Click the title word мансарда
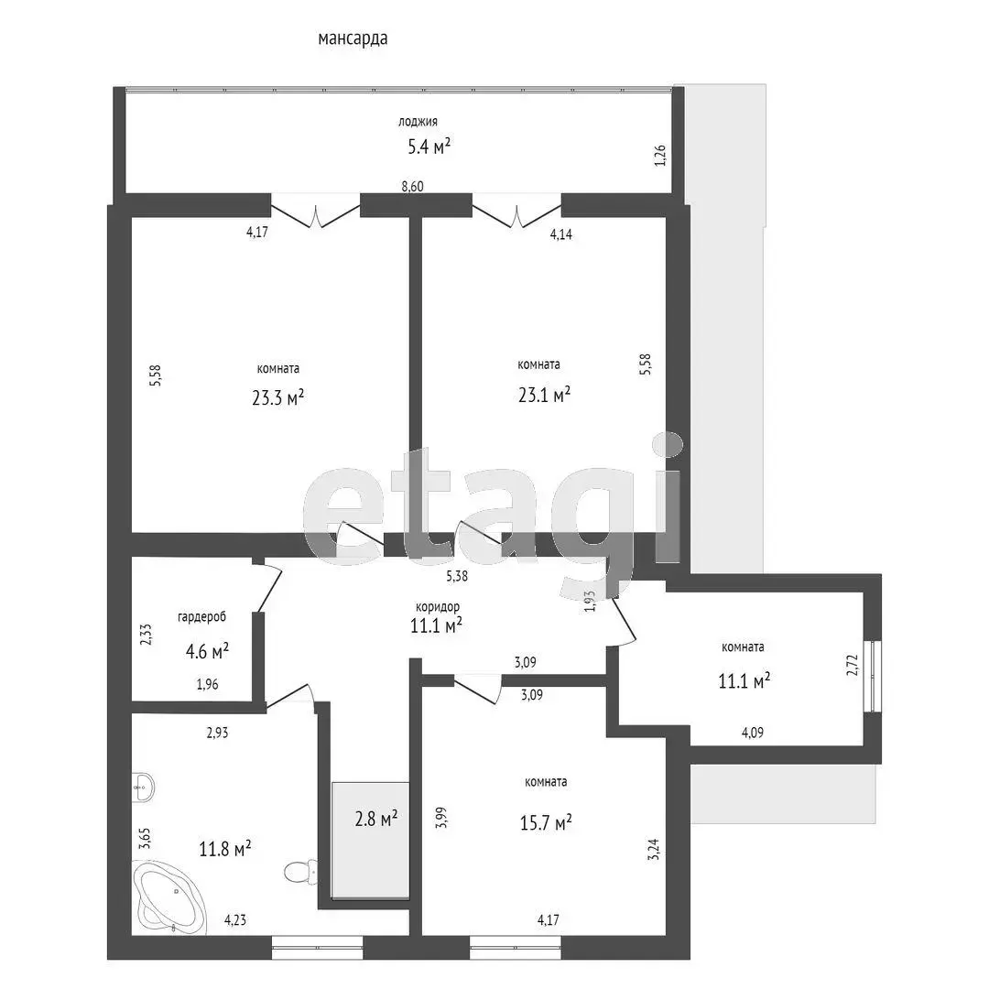pos(353,38)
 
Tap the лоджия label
pos(418,122)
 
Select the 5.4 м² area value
pos(429,147)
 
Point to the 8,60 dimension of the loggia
pos(412,187)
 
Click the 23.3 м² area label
pos(278,398)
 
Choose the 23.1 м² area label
pos(544,395)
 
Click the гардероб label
pos(201,617)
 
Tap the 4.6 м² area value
pos(207,651)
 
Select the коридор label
pos(438,607)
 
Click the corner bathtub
pos(169,897)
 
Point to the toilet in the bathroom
pos(300,873)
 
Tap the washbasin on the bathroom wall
pos(143,788)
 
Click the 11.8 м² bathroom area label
pos(225,849)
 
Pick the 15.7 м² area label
pos(546,822)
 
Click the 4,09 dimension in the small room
pos(753,733)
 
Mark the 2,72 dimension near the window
pos(853,665)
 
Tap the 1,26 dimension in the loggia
pos(659,155)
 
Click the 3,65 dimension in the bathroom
pos(146,840)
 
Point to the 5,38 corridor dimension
pos(457,576)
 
